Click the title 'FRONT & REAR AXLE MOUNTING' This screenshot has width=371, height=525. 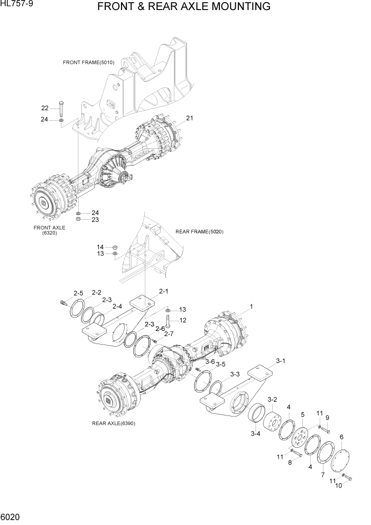(x=184, y=7)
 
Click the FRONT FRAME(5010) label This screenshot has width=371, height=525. (x=88, y=62)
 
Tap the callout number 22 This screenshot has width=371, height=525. (x=45, y=108)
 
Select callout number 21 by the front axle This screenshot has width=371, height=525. (x=189, y=118)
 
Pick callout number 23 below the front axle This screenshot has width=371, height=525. (x=95, y=219)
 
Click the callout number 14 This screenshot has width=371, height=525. (x=100, y=247)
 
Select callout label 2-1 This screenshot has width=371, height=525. (x=163, y=291)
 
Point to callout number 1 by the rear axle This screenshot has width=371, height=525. (x=251, y=306)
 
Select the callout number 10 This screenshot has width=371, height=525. (x=339, y=485)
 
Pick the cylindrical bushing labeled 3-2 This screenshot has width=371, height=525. (x=275, y=422)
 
